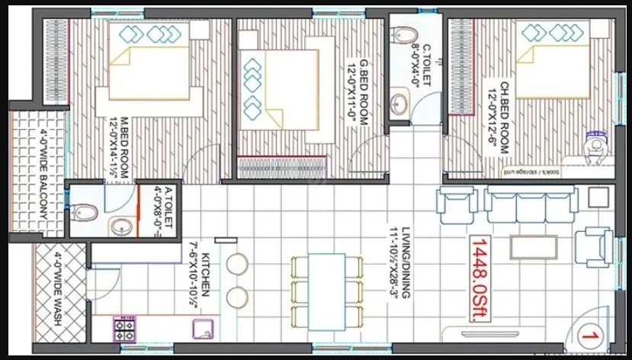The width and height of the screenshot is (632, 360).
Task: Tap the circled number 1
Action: (x=588, y=334)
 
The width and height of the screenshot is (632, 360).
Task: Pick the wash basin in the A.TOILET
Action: (x=120, y=226)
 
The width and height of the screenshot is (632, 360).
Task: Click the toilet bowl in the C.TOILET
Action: (x=404, y=34)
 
